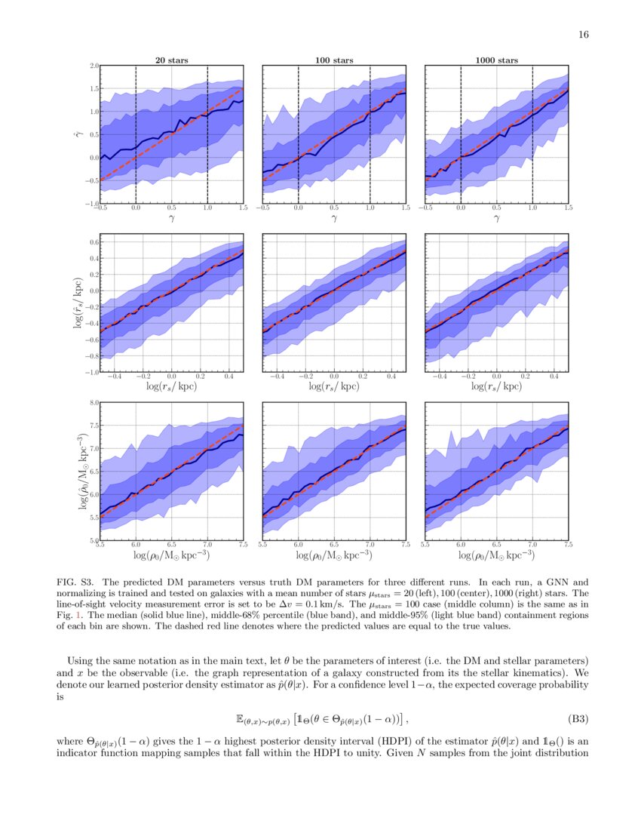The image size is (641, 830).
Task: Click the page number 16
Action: pyautogui.click(x=583, y=34)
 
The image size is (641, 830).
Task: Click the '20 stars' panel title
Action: pyautogui.click(x=171, y=60)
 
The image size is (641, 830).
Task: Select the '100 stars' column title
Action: pyautogui.click(x=334, y=60)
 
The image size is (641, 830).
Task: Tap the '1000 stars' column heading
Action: pyautogui.click(x=496, y=60)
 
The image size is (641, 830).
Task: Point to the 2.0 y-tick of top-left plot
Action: pyautogui.click(x=94, y=66)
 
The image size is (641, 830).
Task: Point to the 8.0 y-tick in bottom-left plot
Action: pyautogui.click(x=94, y=403)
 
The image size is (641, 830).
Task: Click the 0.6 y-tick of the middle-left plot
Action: pyautogui.click(x=94, y=242)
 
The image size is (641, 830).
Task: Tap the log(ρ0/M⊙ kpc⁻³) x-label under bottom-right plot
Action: pyautogui.click(x=496, y=555)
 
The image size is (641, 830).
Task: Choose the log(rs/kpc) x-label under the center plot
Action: pyautogui.click(x=334, y=386)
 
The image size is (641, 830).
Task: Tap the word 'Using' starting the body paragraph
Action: pyautogui.click(x=81, y=661)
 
